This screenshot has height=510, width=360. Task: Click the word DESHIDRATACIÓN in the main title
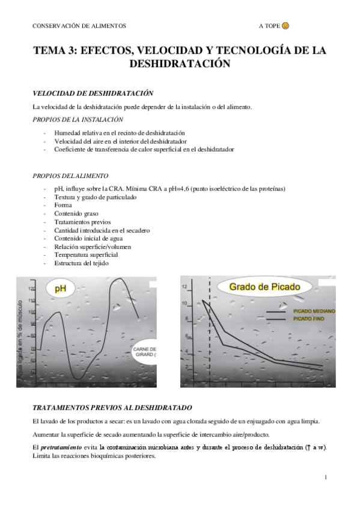(x=180, y=64)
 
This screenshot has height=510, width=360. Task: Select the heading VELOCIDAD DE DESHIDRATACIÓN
(x=93, y=93)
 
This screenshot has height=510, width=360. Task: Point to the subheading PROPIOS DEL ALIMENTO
(x=70, y=176)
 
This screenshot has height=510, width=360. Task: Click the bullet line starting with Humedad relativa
(x=119, y=132)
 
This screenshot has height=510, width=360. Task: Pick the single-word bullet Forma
(x=63, y=204)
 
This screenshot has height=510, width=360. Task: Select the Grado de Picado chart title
(x=264, y=287)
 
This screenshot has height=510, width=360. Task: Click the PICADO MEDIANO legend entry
(x=313, y=311)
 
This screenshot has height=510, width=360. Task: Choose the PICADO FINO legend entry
(x=308, y=318)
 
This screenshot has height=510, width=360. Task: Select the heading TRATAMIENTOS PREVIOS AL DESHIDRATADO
(x=112, y=407)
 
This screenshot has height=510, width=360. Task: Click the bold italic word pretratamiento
(x=59, y=447)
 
